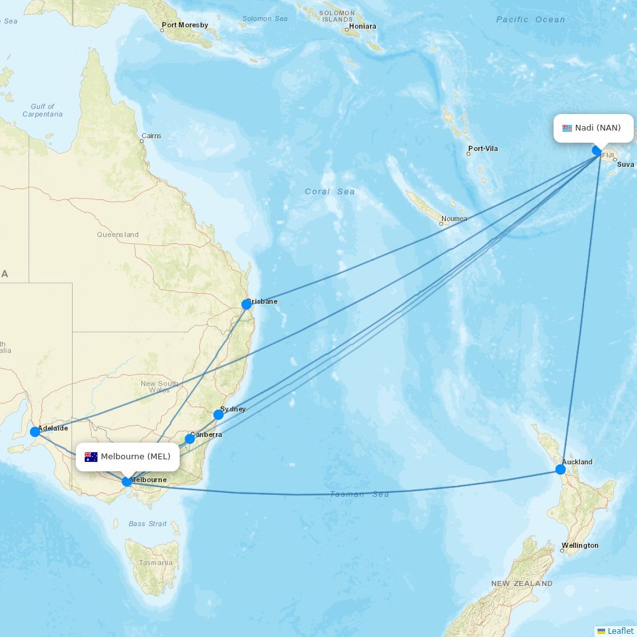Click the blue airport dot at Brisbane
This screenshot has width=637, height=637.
247,304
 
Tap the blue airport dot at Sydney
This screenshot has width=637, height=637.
218,415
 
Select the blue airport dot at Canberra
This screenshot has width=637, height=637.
190,439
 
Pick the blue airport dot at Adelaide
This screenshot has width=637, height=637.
35,432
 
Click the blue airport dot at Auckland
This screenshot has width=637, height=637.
561,469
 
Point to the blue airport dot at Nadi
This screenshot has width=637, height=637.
597,150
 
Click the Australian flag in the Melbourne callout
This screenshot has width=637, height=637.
91,457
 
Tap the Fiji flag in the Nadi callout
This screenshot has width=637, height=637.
567,128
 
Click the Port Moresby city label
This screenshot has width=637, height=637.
185,25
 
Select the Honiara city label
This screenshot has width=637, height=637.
362,27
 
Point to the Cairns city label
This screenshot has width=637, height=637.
152,136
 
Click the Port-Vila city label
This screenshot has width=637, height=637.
483,149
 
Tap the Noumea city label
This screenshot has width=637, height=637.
454,219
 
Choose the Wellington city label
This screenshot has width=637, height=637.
580,546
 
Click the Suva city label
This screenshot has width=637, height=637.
626,164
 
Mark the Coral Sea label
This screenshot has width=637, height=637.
329,192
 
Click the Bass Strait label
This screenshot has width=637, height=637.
148,524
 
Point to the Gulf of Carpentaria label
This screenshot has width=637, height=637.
43,110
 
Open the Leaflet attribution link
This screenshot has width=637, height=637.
620,631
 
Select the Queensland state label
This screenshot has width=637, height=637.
118,234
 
